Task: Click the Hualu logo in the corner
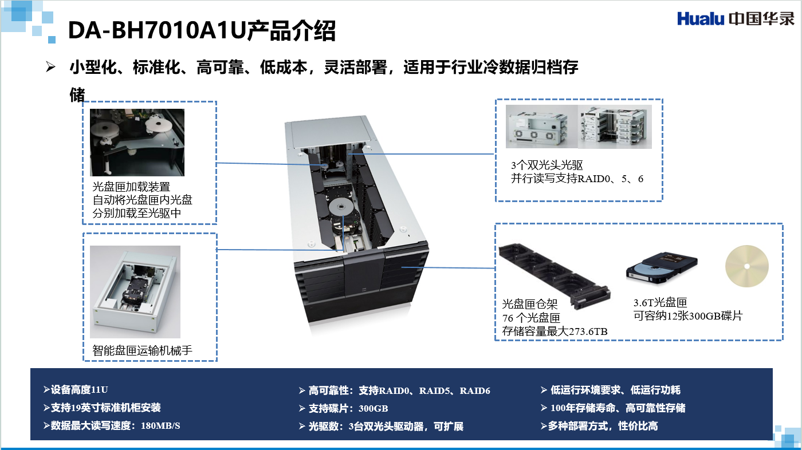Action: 736,18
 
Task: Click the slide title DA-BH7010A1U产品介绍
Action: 202,31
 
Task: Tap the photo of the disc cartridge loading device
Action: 137,143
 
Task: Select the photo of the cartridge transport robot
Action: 135,291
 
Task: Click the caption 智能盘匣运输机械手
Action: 142,350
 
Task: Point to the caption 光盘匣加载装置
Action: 131,187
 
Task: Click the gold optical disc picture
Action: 747,266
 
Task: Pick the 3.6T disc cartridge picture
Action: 662,269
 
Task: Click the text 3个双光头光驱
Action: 547,165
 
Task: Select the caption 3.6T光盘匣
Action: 660,303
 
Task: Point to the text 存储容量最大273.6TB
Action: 555,331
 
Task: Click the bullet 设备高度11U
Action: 76,389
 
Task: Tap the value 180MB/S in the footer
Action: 160,426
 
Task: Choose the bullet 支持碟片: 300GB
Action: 343,408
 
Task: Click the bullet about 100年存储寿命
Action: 613,408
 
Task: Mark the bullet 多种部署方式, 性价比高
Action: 599,426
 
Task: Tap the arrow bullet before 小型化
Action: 50,67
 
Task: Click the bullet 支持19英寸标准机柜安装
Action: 102,408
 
